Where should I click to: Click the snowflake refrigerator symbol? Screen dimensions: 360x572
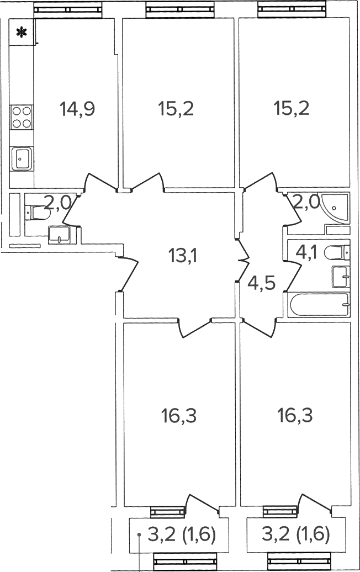tap(22, 33)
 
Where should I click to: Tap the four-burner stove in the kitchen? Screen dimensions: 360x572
tap(22, 117)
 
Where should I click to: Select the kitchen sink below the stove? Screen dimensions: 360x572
tap(22, 158)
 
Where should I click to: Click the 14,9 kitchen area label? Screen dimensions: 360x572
tap(77, 109)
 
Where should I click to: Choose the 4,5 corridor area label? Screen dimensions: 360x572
tap(261, 283)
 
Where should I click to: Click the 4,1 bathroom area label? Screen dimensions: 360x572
tap(306, 252)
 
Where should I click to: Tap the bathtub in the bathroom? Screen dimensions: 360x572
tap(319, 305)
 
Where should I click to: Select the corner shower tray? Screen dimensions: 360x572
tap(336, 208)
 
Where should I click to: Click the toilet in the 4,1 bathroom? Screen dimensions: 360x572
tap(337, 252)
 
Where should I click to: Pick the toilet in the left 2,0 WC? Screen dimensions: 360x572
tap(36, 213)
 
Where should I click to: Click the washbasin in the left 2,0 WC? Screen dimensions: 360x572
tap(59, 234)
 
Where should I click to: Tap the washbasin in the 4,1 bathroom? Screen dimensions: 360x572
tap(341, 277)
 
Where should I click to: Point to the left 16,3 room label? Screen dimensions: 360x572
tap(179, 416)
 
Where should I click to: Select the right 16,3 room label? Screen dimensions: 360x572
tap(295, 416)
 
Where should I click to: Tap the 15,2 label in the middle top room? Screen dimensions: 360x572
tap(176, 109)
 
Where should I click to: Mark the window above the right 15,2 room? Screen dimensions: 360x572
tap(291, 10)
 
